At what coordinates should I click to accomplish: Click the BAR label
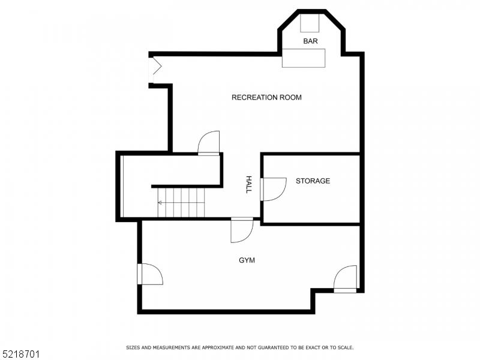click(310, 41)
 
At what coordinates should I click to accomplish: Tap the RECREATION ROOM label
click(266, 97)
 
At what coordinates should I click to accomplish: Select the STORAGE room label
click(313, 181)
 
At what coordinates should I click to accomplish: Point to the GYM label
click(247, 260)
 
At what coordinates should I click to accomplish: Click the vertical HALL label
click(248, 184)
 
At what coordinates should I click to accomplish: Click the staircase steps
click(181, 202)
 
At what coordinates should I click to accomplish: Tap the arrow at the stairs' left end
click(160, 203)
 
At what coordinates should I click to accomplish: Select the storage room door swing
click(273, 189)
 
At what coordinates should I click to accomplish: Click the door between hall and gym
click(242, 230)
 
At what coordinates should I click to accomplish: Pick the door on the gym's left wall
click(150, 274)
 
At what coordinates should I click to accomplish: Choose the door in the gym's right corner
click(346, 279)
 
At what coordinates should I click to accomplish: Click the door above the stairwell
click(209, 143)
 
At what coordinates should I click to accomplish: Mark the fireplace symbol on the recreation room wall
click(154, 68)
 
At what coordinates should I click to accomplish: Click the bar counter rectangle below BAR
click(304, 58)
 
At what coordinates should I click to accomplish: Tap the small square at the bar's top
click(310, 23)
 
